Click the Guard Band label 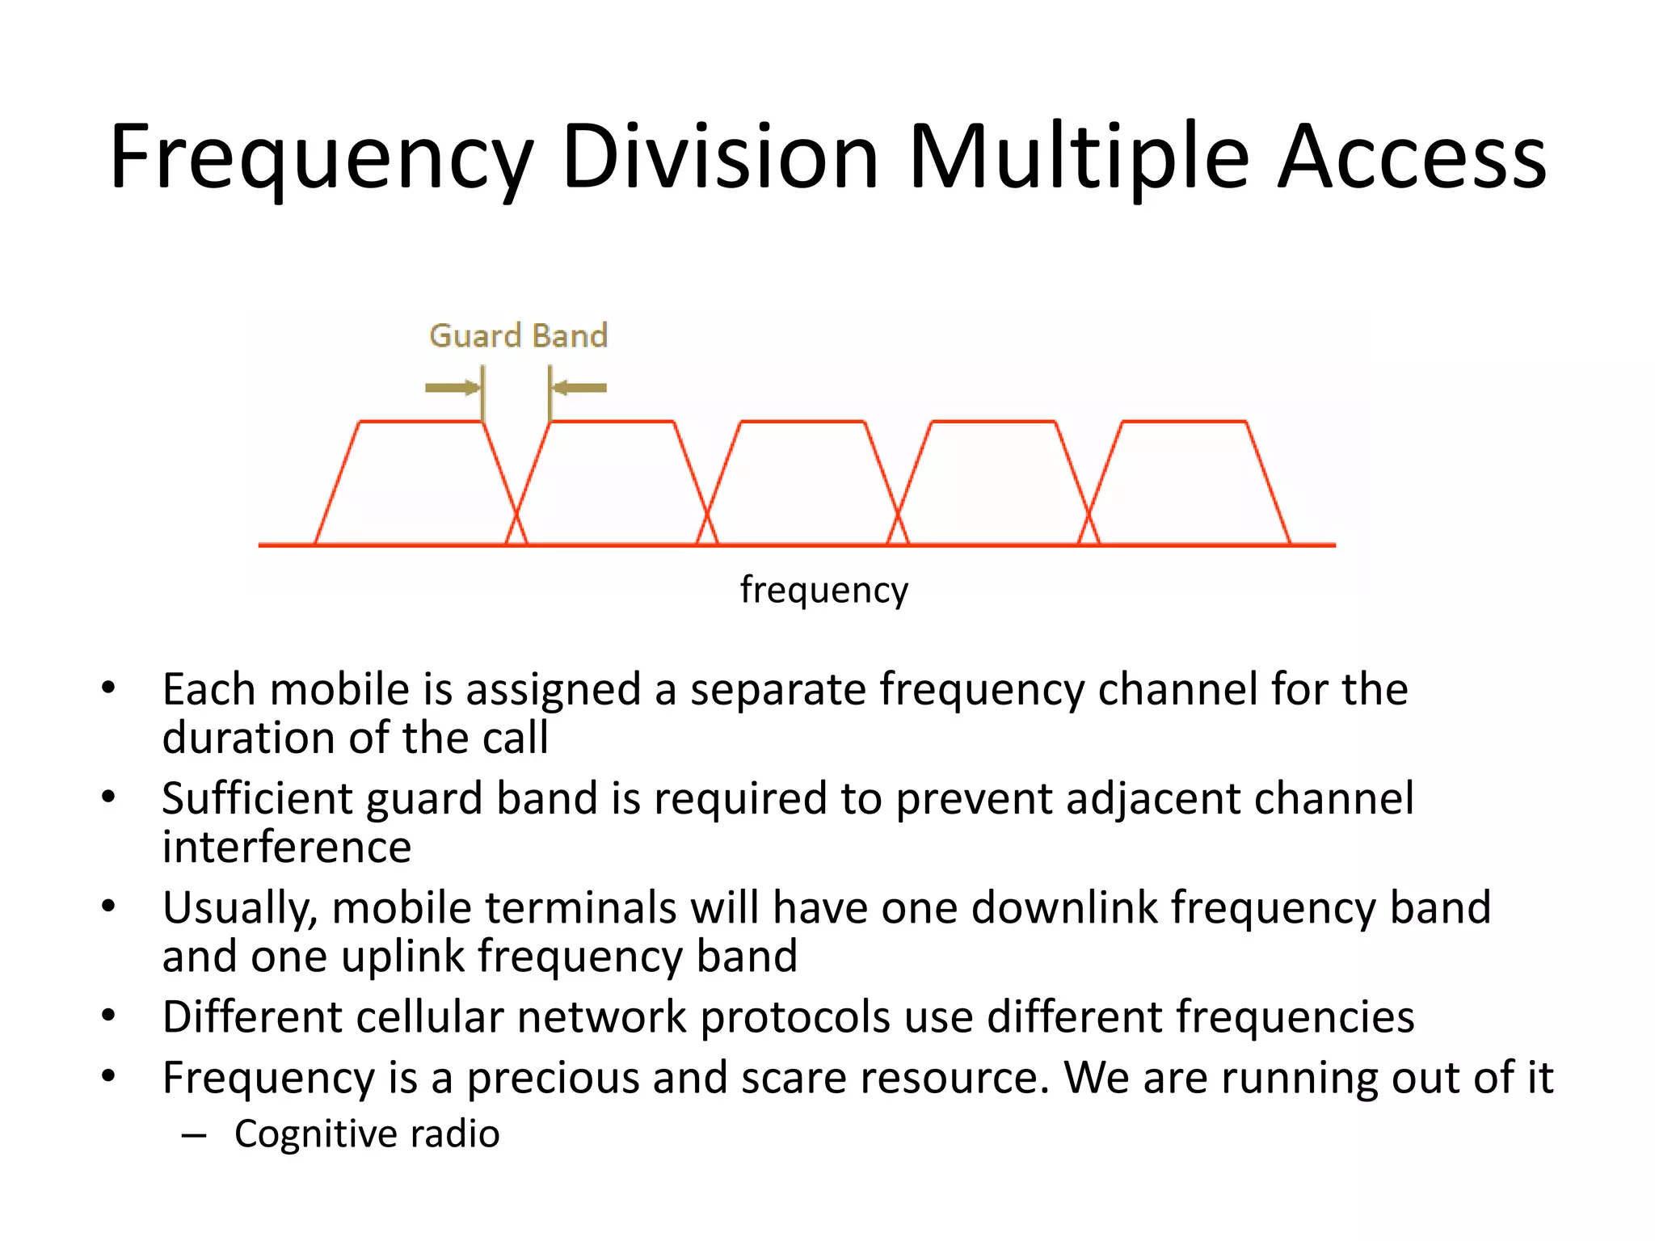click(518, 335)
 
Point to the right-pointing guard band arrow click(452, 388)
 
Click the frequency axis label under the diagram click(823, 589)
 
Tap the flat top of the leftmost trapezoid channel click(420, 422)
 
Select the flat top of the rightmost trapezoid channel click(1184, 422)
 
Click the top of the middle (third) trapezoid click(802, 422)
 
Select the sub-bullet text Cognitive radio click(367, 1134)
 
